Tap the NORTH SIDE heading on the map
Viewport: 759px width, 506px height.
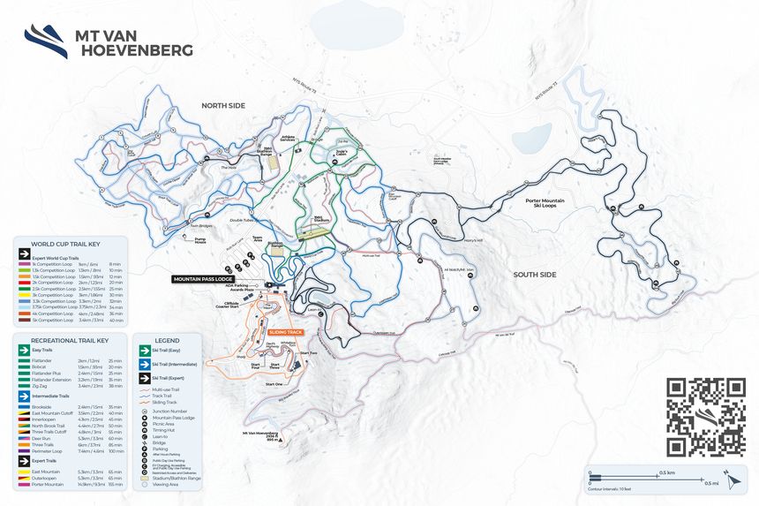222,105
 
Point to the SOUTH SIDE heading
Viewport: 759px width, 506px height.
535,275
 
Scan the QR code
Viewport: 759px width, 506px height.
706,418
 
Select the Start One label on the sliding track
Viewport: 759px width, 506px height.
274,384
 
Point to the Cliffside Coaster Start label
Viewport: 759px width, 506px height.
228,305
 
